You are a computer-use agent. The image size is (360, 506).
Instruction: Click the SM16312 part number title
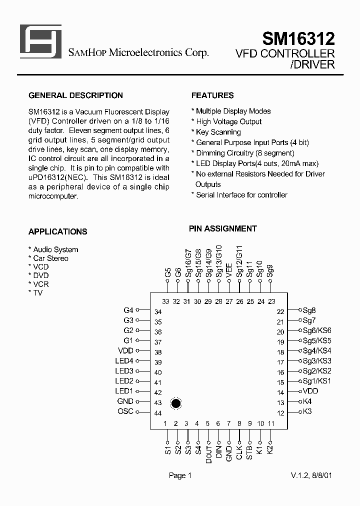[298, 38]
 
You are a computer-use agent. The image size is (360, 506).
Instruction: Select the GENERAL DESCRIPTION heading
[75, 95]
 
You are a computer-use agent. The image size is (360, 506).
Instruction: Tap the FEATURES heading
[212, 95]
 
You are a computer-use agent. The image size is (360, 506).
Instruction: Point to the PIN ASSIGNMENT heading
[222, 228]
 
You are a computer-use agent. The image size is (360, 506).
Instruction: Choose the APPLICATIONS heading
[57, 231]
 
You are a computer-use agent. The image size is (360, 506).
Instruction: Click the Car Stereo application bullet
[50, 258]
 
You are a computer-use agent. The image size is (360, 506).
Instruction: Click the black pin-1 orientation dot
[175, 403]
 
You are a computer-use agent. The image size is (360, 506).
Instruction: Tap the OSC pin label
[125, 411]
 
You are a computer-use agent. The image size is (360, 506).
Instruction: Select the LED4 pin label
[124, 361]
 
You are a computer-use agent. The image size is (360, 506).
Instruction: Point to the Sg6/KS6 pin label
[317, 331]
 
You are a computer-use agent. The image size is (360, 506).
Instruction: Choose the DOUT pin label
[208, 452]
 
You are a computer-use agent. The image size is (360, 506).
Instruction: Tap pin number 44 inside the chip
[158, 413]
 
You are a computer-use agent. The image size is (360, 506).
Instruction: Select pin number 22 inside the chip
[280, 312]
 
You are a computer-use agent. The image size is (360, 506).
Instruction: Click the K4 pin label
[307, 401]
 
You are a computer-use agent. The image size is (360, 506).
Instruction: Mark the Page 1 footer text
[180, 475]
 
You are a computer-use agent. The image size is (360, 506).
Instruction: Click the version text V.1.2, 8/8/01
[311, 475]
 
